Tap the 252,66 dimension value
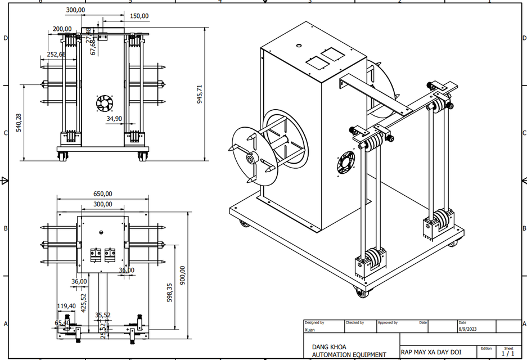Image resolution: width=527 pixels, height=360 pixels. tap(56, 55)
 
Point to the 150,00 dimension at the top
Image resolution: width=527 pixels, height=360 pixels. tap(139, 16)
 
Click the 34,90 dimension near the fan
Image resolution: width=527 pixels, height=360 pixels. tap(114, 119)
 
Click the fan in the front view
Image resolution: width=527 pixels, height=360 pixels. tap(104, 103)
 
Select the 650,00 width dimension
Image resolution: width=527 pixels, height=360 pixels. tap(102, 193)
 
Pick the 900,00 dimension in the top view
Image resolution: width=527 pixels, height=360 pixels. tap(182, 275)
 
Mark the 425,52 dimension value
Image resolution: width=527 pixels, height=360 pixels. tap(84, 303)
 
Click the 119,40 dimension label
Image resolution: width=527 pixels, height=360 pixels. tap(66, 306)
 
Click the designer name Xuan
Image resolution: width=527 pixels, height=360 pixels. tap(309, 330)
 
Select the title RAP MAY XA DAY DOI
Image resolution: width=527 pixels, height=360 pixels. tap(431, 352)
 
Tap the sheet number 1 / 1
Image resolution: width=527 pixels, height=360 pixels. tap(508, 354)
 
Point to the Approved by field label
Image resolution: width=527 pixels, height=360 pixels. tap(388, 323)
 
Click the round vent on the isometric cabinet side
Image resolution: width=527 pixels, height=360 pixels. tap(346, 164)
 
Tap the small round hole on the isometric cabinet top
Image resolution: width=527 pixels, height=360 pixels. tap(299, 46)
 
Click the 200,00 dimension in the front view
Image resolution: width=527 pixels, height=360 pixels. tap(62, 29)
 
